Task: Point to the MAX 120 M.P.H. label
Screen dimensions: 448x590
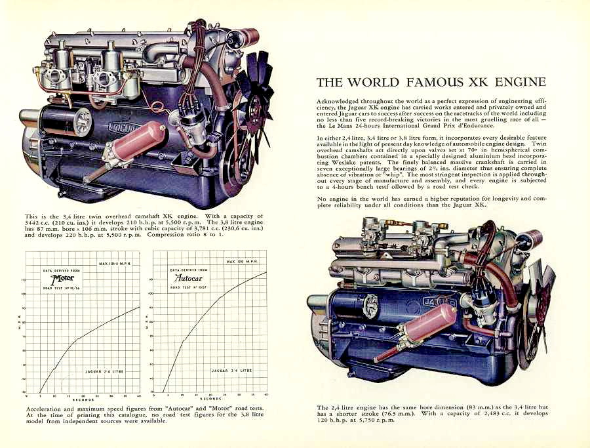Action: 242,262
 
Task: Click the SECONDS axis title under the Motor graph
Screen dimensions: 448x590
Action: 83,399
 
